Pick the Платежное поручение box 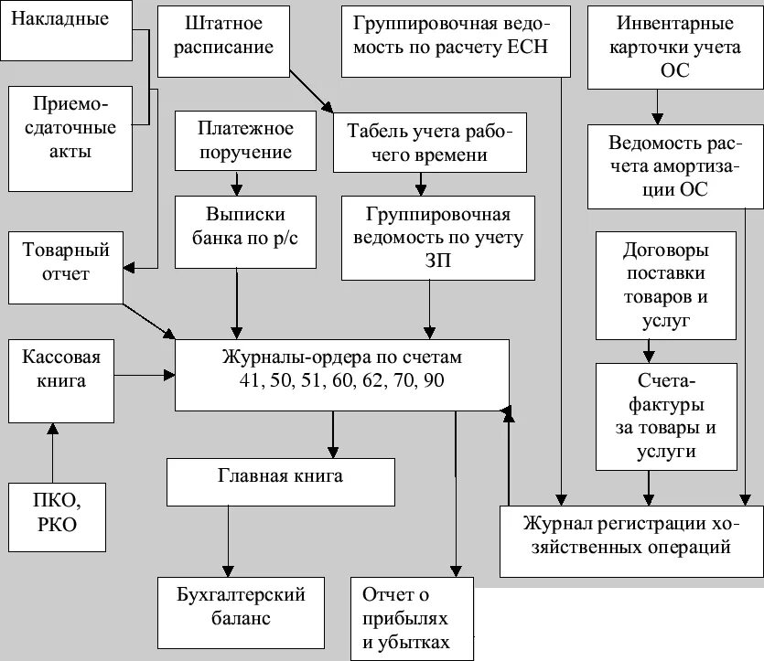[235, 139]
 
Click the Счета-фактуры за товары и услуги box [665, 415]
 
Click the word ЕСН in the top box [525, 48]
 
